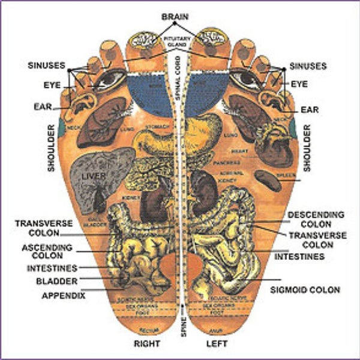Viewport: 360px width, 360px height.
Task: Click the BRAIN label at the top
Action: (175, 16)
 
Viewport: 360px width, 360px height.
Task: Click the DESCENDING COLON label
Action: (316, 218)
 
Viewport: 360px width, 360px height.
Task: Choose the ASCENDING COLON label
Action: (47, 251)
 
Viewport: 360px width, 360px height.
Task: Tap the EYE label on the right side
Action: (299, 85)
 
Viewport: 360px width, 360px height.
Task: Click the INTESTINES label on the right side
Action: (299, 257)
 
